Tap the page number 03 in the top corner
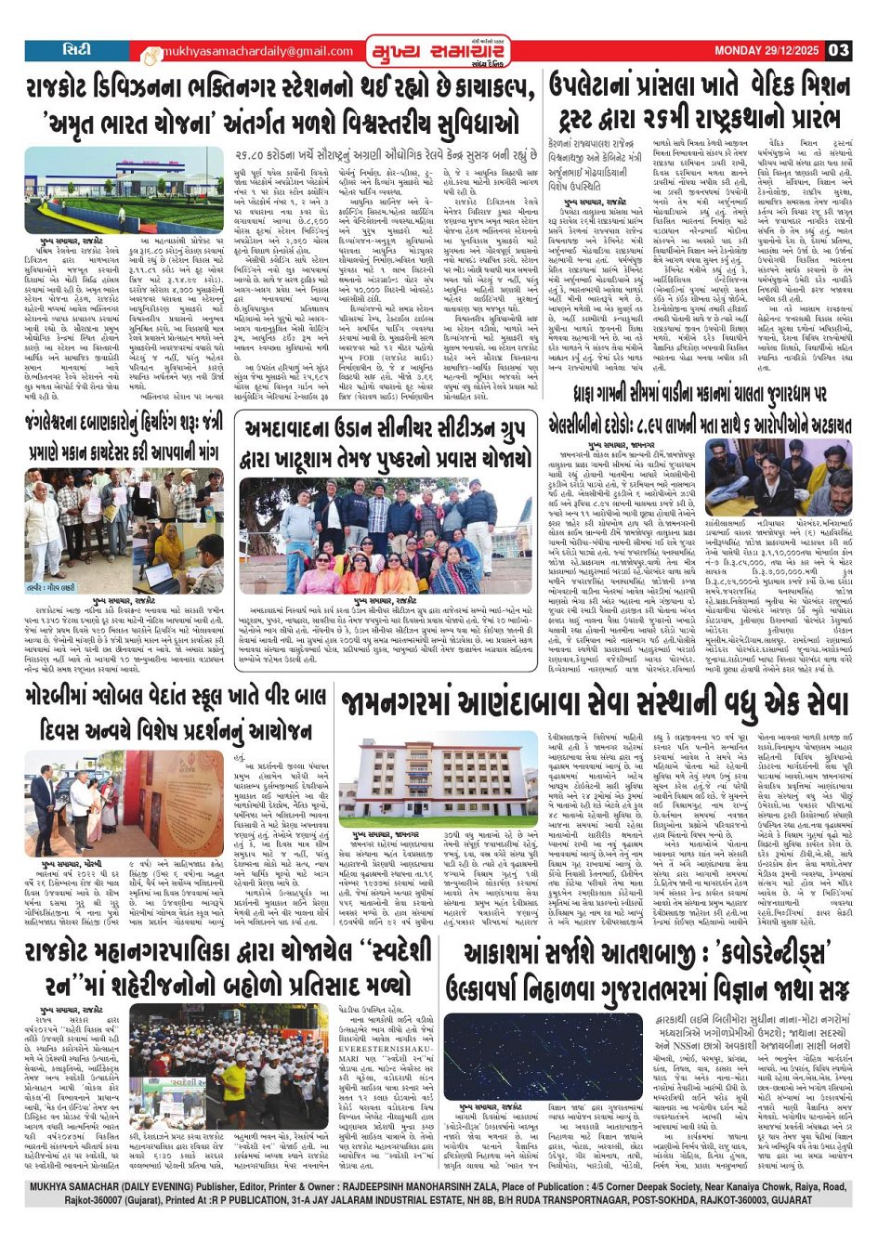[x=838, y=50]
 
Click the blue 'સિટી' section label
[x=77, y=50]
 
